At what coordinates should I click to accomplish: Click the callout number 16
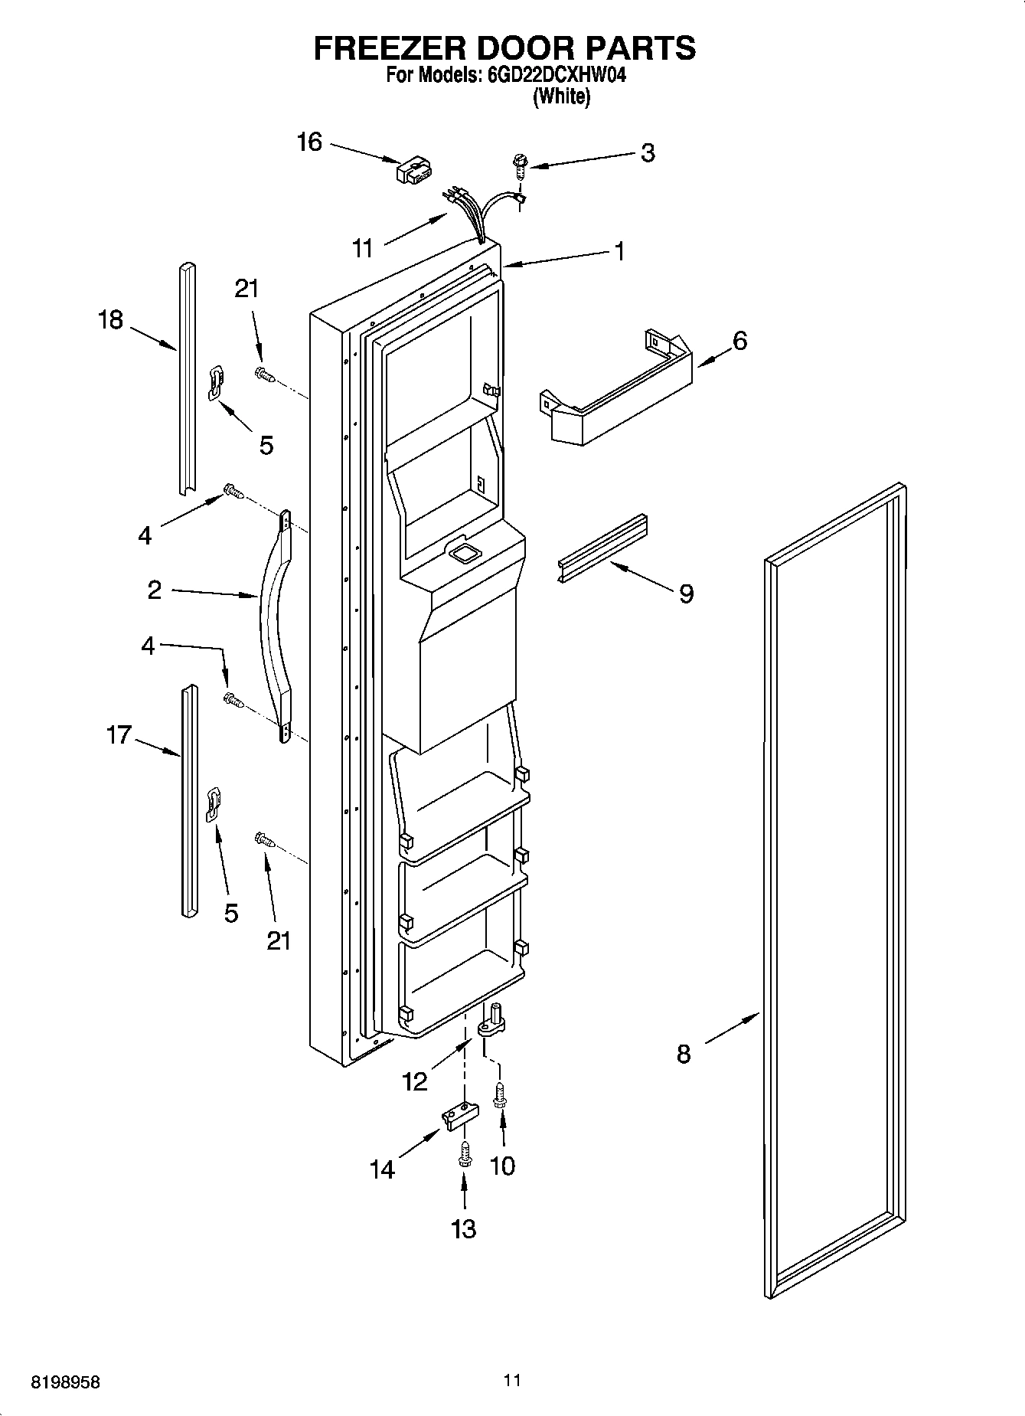click(309, 142)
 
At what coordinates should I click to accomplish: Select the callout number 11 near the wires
click(362, 247)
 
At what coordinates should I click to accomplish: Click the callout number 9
click(686, 593)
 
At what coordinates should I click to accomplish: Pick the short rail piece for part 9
click(601, 548)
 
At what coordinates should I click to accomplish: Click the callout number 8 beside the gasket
click(684, 1055)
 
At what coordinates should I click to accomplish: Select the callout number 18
click(110, 319)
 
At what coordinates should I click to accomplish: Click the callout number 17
click(119, 736)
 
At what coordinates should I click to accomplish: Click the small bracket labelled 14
click(459, 1115)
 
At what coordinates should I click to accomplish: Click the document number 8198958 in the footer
click(65, 1382)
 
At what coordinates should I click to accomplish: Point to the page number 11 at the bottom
click(512, 1381)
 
